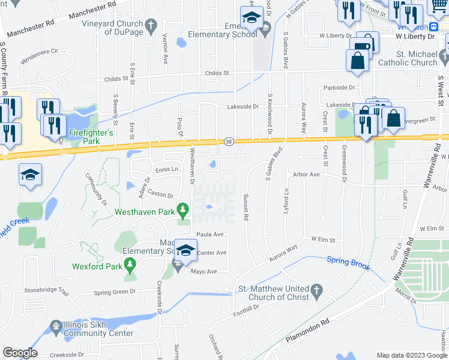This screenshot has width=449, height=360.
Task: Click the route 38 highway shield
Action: pos(229,141)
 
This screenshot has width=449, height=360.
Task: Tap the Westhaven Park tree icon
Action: pos(185,211)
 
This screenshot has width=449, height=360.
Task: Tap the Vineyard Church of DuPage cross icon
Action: pos(152,26)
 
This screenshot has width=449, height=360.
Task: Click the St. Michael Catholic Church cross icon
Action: pos(444,58)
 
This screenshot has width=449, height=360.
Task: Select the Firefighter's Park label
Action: pos(91,131)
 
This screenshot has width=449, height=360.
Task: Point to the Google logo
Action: pos(19,353)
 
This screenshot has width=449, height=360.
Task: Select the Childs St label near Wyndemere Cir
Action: pos(116,79)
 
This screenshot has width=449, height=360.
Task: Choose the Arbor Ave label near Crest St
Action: pos(306,175)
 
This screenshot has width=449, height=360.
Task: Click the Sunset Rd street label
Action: pos(245,207)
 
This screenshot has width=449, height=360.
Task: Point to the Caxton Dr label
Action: pos(160,194)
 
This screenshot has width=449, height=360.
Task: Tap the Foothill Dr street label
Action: pos(248,307)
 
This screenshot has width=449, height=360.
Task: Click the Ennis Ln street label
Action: pos(167,170)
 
